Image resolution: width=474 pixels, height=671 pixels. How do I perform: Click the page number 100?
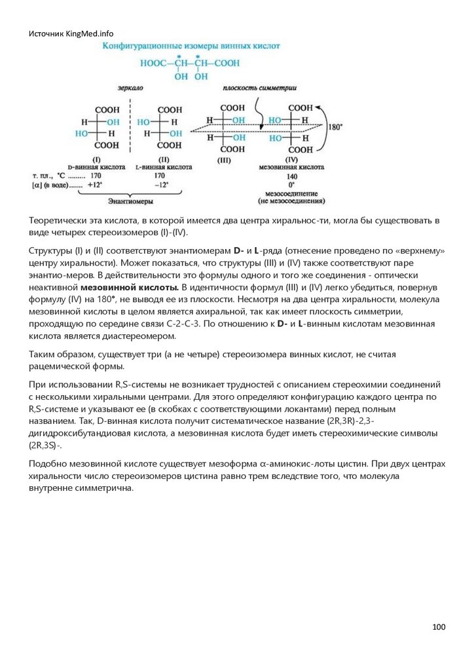[x=439, y=627]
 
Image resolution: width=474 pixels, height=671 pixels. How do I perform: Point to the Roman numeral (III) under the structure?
[x=224, y=159]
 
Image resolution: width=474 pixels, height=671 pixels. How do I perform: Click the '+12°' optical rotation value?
[x=96, y=185]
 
